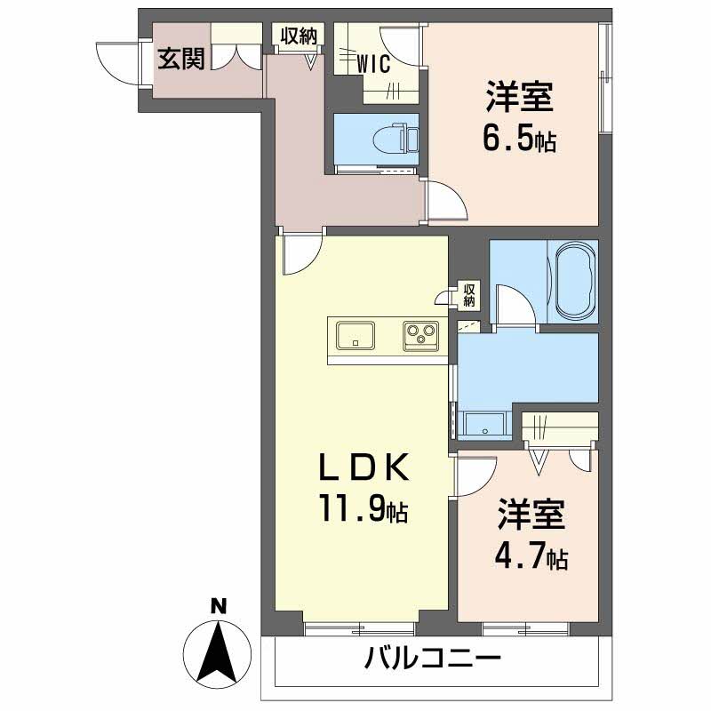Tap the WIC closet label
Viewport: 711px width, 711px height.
point(374,64)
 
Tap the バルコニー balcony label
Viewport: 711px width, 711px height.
point(433,660)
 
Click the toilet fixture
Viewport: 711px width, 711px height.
point(390,139)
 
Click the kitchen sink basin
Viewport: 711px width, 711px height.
point(355,335)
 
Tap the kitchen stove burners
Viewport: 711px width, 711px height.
point(420,335)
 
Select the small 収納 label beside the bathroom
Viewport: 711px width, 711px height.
point(470,294)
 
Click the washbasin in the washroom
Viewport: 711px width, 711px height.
point(484,425)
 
